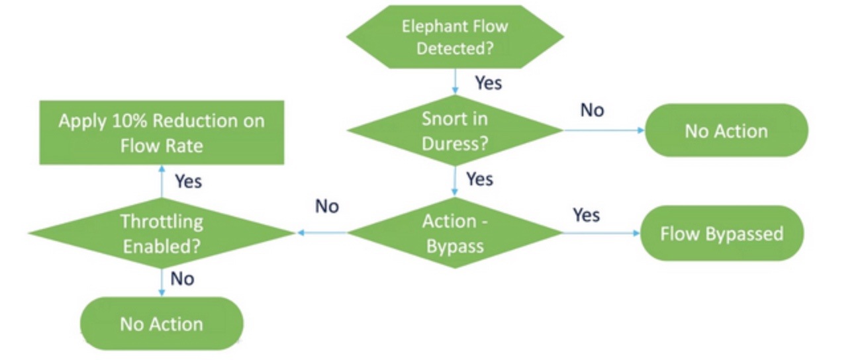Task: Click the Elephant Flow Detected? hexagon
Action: click(455, 37)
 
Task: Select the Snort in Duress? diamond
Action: click(455, 130)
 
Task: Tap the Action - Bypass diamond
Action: click(455, 233)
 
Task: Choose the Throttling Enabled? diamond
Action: click(162, 233)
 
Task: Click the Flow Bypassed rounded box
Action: click(722, 233)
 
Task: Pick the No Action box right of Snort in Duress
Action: click(726, 130)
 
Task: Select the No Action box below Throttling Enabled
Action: click(162, 324)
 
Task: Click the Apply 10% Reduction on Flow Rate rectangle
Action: click(162, 132)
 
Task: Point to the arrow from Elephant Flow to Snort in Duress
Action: click(455, 83)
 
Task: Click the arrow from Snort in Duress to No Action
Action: click(602, 130)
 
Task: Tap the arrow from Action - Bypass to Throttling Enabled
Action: click(321, 233)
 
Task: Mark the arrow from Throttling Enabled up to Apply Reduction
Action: click(162, 181)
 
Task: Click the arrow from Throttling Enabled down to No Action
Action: click(162, 282)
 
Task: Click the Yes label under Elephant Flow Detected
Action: click(488, 83)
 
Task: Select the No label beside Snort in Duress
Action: click(592, 111)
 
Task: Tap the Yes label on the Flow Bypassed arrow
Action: click(586, 214)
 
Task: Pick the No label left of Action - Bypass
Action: click(327, 206)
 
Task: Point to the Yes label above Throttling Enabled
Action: click(188, 181)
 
